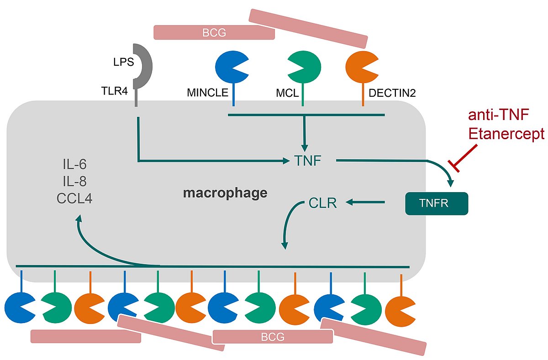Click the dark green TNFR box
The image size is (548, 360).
coord(437,203)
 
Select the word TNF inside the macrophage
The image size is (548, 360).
coord(309,161)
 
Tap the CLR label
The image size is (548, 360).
coord(322,203)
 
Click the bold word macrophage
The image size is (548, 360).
coord(225,193)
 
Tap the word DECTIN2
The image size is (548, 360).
coord(392,94)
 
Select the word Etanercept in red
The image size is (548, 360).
coord(506,134)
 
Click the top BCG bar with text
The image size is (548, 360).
coord(214,32)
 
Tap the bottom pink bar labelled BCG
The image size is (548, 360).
coord(273,337)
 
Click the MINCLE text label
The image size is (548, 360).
coord(207,94)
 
